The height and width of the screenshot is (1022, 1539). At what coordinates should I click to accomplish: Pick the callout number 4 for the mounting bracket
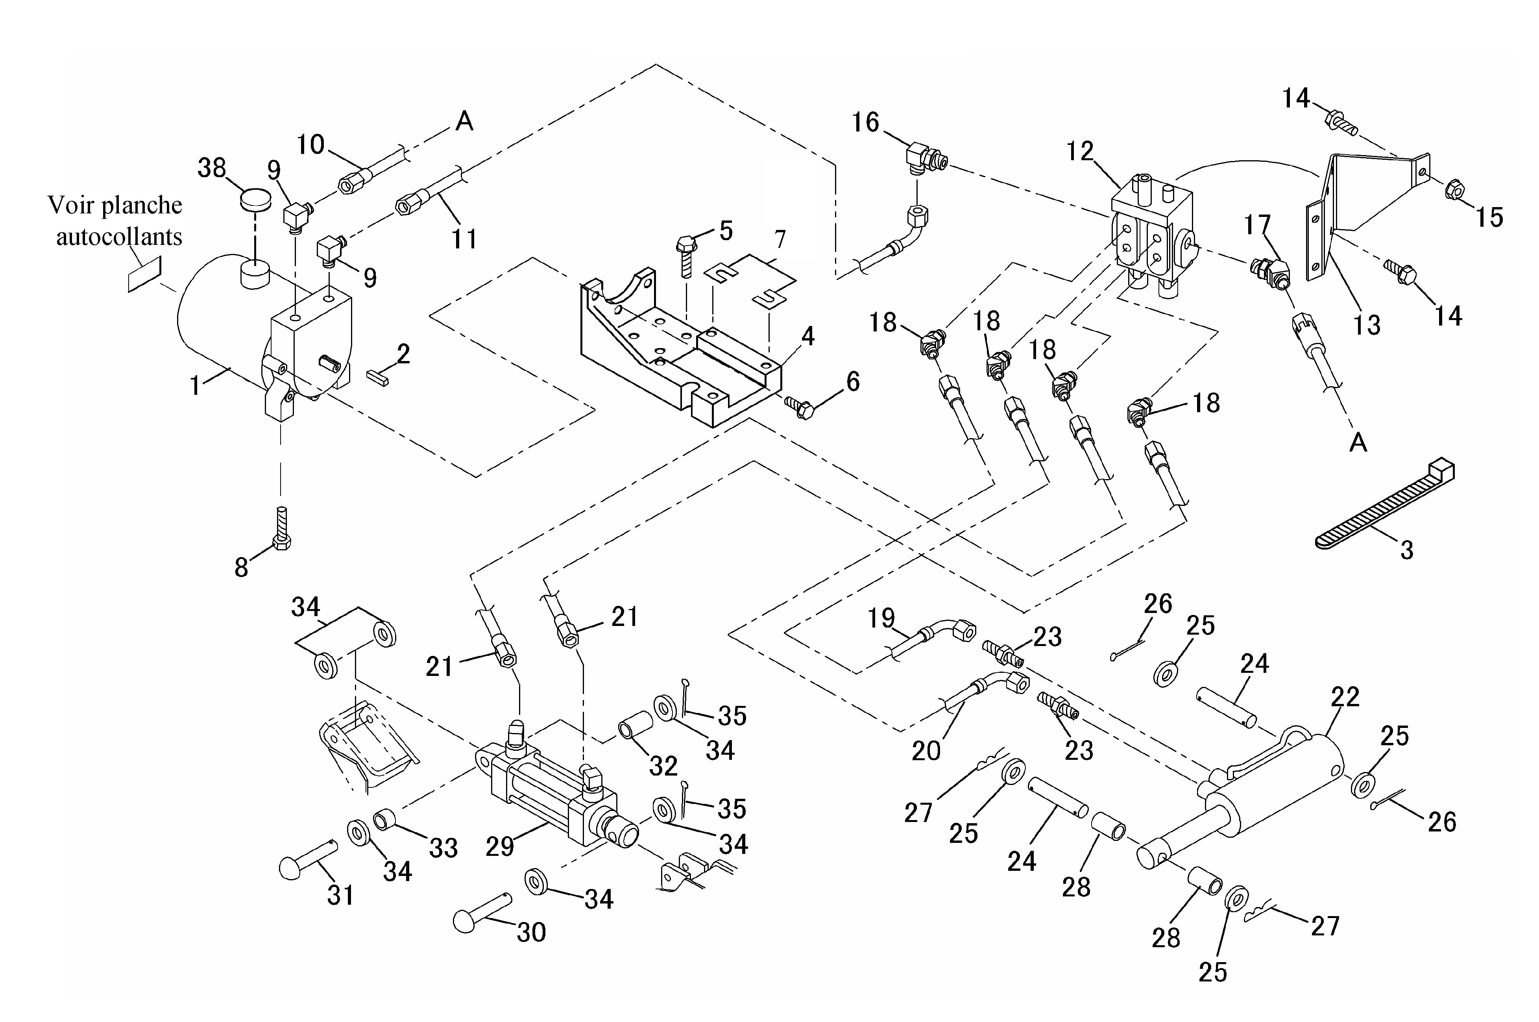(x=807, y=336)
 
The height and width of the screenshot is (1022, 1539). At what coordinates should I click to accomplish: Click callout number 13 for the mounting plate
(x=1366, y=324)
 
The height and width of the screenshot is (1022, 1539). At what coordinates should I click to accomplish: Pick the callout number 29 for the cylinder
(x=499, y=846)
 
